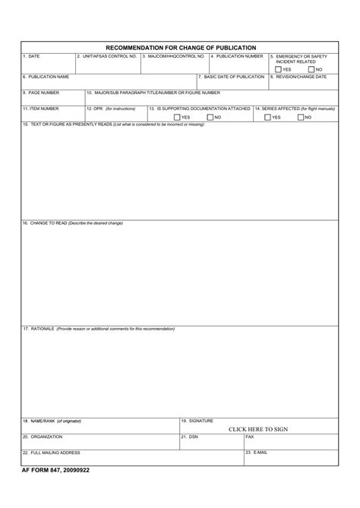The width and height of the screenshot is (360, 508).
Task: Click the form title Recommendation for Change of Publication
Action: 180,47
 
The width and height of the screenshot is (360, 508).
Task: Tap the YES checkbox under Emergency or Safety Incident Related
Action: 278,69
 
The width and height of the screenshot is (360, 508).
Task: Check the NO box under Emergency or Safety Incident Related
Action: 311,69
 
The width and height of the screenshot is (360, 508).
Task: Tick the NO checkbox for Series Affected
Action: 301,117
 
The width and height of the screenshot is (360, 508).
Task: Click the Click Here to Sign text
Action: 257,429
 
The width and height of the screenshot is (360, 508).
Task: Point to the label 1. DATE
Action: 31,56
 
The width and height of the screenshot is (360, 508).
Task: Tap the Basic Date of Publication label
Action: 231,77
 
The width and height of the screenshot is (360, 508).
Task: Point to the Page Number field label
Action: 40,93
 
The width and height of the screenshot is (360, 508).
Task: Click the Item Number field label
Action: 40,109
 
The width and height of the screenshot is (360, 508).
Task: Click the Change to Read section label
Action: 72,223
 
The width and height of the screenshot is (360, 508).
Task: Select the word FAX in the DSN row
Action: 249,437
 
